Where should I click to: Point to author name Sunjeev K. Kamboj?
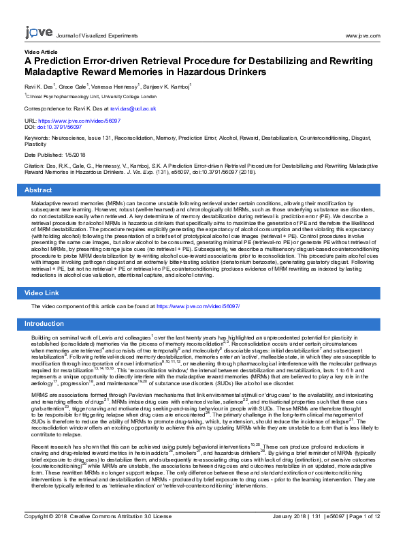pos(168,87)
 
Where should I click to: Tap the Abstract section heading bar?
pos(202,190)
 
